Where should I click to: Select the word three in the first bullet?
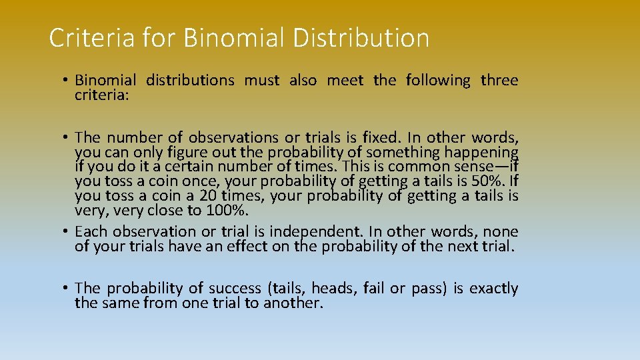coord(499,81)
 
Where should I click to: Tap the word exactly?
coord(493,289)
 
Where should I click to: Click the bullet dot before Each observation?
coord(67,231)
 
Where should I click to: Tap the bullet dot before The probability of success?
coord(67,288)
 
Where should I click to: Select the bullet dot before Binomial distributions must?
coord(67,80)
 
